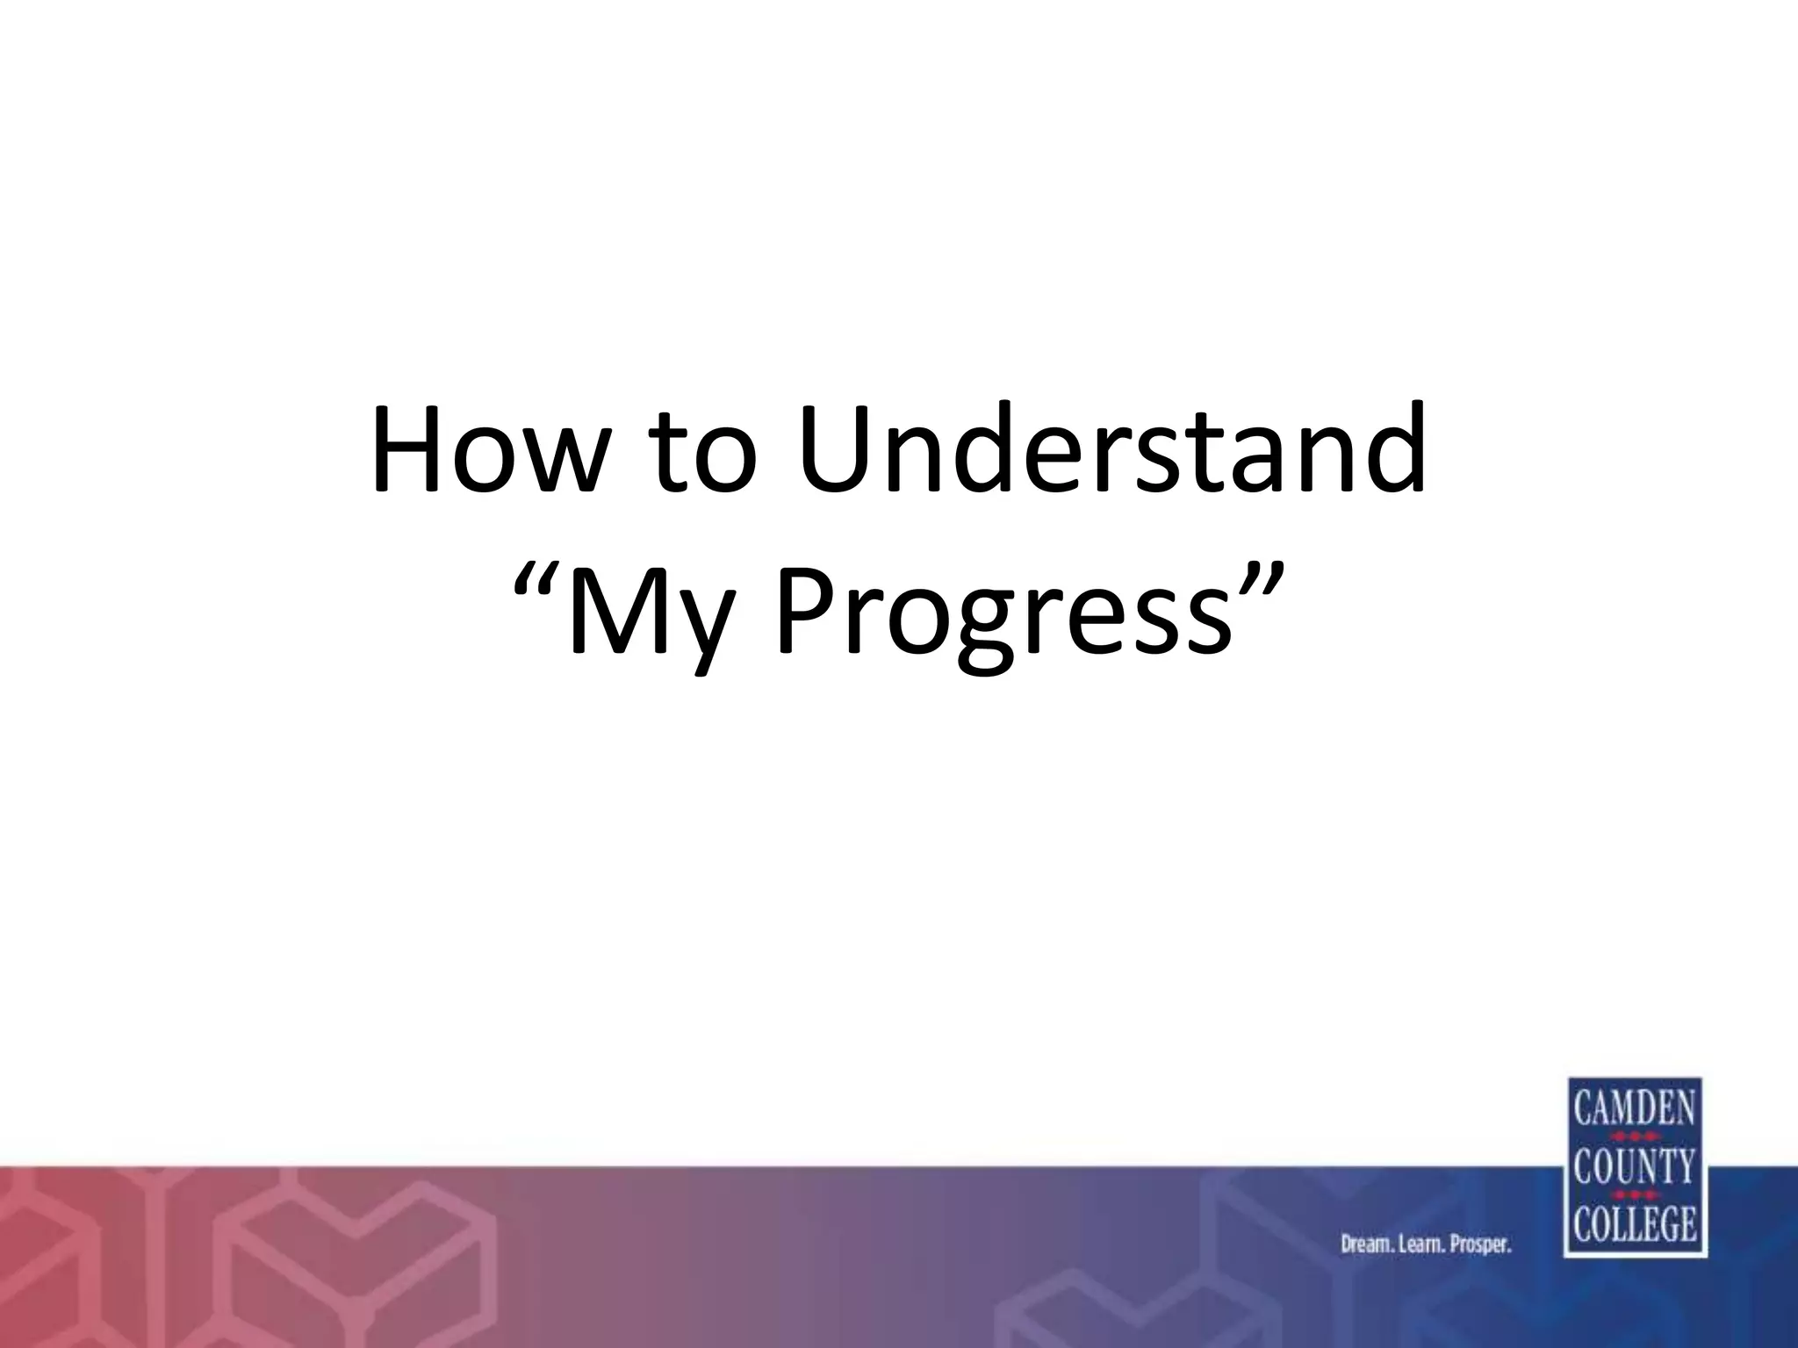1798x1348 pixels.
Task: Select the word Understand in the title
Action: [1111, 449]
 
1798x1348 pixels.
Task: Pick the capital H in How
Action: [409, 449]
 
